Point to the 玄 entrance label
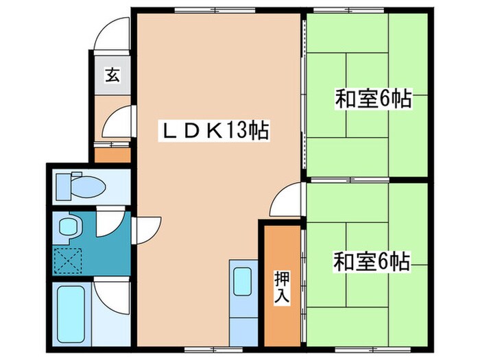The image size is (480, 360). tap(112, 76)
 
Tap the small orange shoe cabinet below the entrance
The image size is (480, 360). tap(112, 154)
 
